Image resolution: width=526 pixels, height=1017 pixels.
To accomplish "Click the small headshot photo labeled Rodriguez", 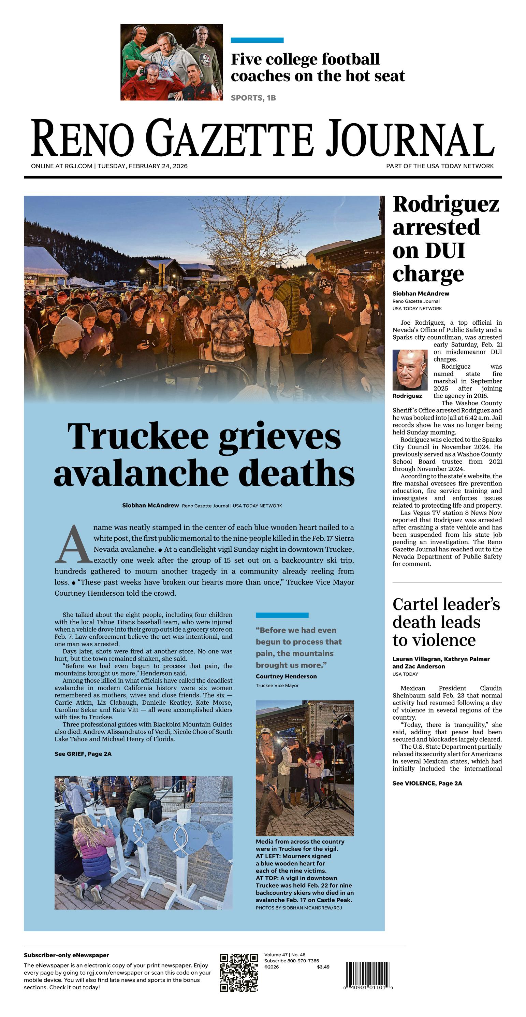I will point(410,370).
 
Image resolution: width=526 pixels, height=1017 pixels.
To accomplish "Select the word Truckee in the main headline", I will point(138,436).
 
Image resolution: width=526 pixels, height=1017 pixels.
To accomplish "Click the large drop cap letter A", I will point(73,544).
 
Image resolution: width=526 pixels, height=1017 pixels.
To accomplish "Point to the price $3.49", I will point(323,967).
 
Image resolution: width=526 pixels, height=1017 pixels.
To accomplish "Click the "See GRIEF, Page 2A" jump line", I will point(83,754).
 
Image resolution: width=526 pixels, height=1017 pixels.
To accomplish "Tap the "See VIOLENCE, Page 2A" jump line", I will point(427,783).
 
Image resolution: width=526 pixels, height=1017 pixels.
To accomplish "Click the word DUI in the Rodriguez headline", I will point(445,250).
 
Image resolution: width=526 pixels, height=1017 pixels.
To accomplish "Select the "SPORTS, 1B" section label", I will point(253,98).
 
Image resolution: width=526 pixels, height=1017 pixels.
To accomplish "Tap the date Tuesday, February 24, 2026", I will point(143,166).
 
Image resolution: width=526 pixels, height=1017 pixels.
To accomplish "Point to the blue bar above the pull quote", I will point(282,615).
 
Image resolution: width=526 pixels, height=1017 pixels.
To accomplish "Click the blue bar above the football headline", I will point(257,40).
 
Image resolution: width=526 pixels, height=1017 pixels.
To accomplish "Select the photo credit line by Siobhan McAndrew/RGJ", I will point(299,908).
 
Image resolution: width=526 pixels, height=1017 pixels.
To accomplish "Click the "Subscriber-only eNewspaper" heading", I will point(66,955).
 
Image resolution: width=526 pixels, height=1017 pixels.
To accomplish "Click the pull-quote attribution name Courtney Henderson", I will point(286,676).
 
